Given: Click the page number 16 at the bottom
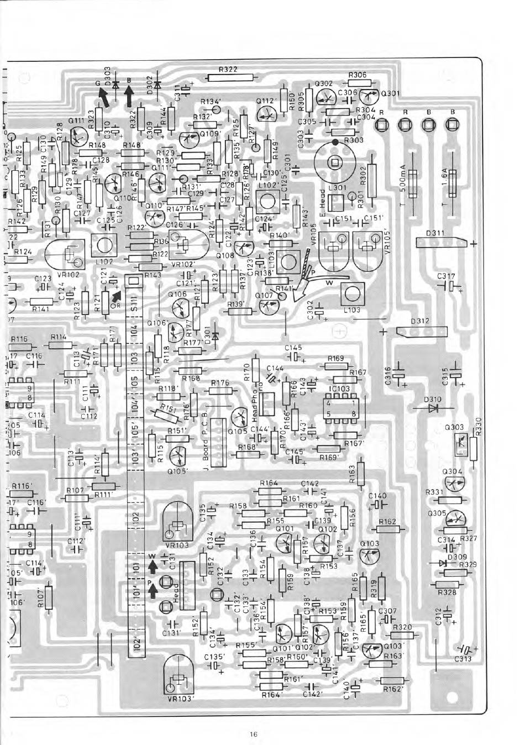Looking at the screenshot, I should pyautogui.click(x=254, y=734).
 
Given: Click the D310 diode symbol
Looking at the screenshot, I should pyautogui.click(x=433, y=408).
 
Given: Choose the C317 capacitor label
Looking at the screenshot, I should pyautogui.click(x=445, y=275).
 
